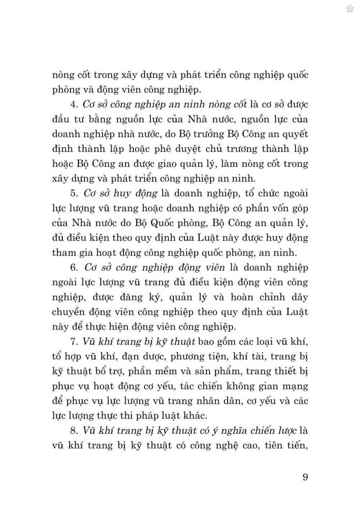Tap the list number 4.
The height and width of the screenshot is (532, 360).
pos(74,104)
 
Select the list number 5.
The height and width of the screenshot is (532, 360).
pos(74,193)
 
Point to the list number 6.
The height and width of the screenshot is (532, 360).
pos(75,268)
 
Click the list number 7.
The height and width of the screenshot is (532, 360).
pos(74,342)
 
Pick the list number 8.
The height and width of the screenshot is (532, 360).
pos(74,431)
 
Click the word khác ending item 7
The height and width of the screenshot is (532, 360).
pos(195,416)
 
